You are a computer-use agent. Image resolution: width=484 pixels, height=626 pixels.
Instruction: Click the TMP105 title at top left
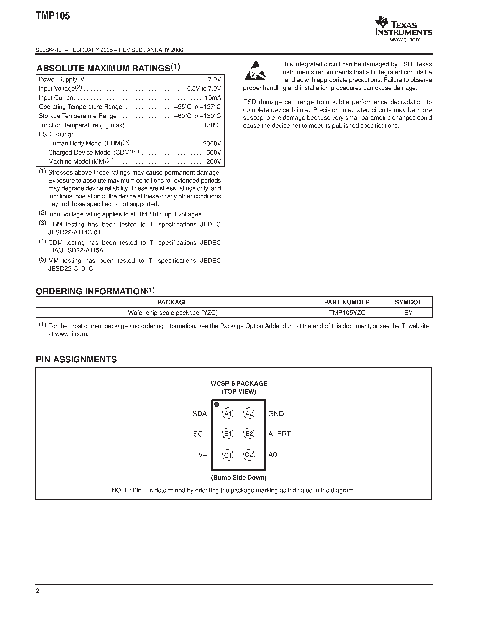pyautogui.click(x=53, y=16)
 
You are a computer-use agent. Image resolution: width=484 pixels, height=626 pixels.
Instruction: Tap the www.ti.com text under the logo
pyautogui.click(x=405, y=40)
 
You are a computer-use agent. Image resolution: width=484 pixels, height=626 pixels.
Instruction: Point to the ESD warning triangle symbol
pyautogui.click(x=255, y=71)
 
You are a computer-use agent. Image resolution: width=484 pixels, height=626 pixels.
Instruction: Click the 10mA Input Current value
pyautogui.click(x=213, y=98)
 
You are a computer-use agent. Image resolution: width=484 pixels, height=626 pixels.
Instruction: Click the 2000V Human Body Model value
pyautogui.click(x=212, y=143)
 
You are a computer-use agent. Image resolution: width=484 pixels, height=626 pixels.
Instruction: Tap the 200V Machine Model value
pyautogui.click(x=214, y=162)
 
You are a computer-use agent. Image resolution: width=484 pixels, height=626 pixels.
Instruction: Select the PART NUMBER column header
pyautogui.click(x=347, y=302)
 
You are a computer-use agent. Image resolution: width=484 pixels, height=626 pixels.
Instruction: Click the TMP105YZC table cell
pyautogui.click(x=347, y=313)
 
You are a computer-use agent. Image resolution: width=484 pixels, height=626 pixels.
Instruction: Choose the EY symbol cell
pyautogui.click(x=408, y=313)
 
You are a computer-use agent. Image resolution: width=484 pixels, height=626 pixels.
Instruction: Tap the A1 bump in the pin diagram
pyautogui.click(x=228, y=414)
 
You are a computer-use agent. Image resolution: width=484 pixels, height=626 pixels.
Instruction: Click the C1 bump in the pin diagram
pyautogui.click(x=228, y=455)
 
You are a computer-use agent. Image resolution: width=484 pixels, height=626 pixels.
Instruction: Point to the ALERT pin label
pyautogui.click(x=279, y=434)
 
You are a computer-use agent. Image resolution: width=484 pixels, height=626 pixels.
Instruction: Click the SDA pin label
pyautogui.click(x=200, y=414)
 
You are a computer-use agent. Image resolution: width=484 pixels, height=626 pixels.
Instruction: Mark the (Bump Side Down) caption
pyautogui.click(x=238, y=478)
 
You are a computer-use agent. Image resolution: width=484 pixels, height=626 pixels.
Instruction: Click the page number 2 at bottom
pyautogui.click(x=38, y=591)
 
